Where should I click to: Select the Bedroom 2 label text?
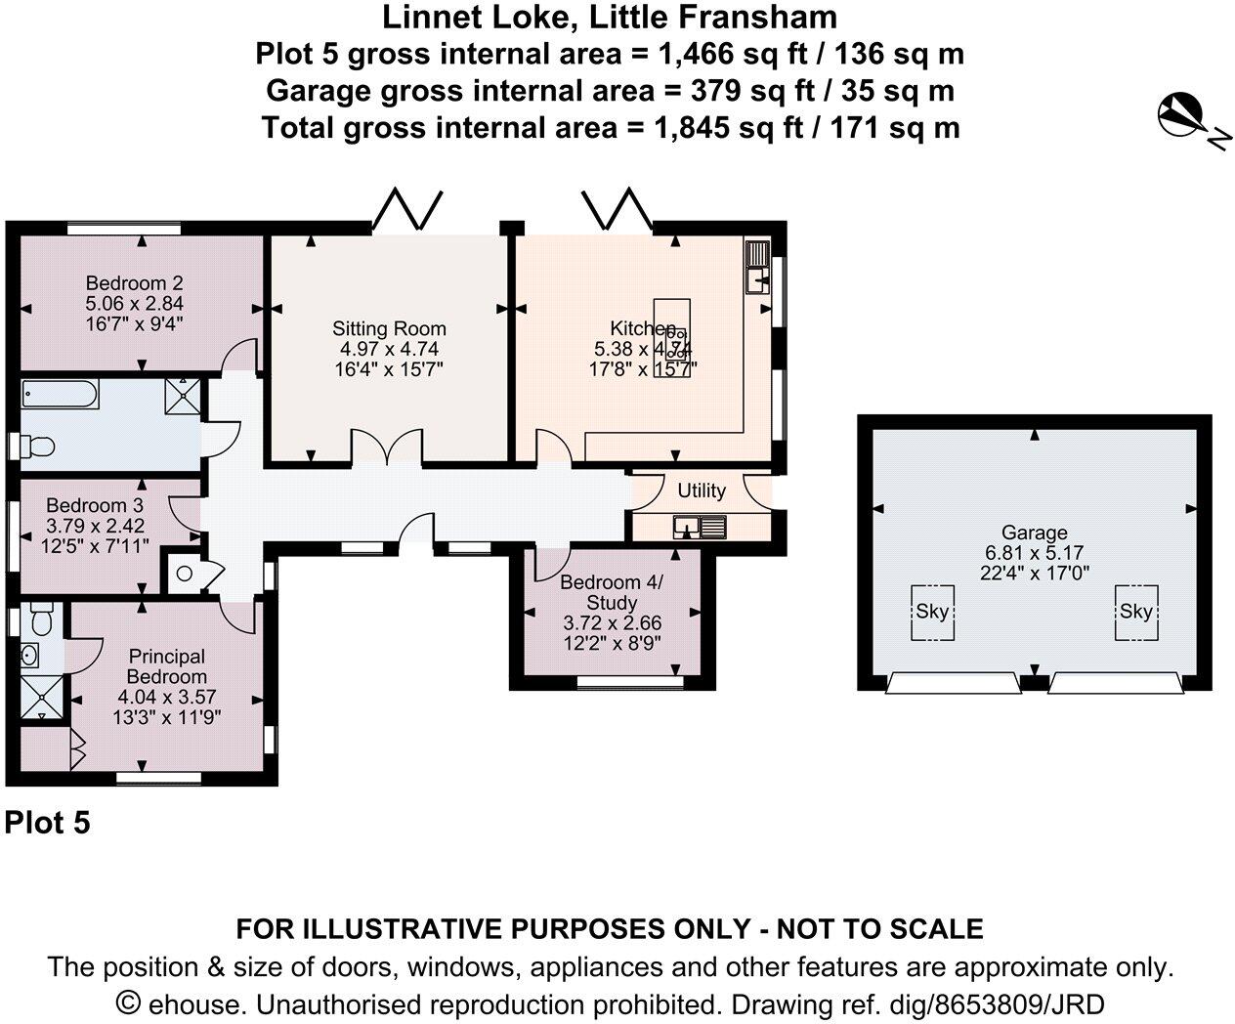(135, 284)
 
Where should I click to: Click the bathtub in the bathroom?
(60, 396)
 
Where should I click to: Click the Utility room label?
(701, 491)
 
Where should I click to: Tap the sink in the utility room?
(700, 528)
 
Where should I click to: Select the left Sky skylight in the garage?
(932, 613)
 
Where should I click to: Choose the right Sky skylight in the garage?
(1136, 613)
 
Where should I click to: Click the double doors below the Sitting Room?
(388, 448)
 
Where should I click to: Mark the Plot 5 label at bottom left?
(47, 823)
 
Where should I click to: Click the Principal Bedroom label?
(166, 667)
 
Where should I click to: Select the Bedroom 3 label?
(95, 506)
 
